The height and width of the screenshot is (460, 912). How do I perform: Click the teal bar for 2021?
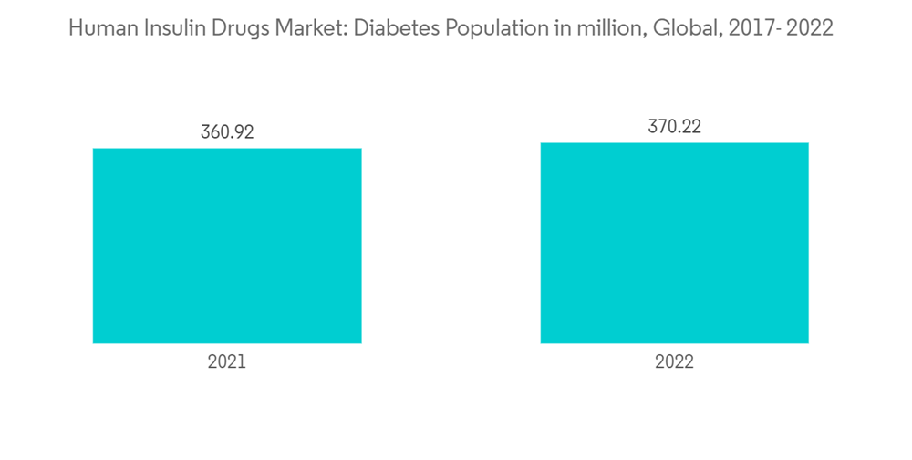tap(227, 246)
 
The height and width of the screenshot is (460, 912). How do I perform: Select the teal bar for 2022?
tap(674, 243)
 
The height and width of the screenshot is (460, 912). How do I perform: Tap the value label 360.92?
tap(227, 131)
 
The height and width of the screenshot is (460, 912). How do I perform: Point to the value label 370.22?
tap(674, 127)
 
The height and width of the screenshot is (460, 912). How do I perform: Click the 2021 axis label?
tap(227, 362)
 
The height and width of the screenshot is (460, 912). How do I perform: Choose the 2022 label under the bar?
tap(674, 362)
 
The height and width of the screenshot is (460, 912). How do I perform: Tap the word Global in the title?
tap(658, 28)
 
